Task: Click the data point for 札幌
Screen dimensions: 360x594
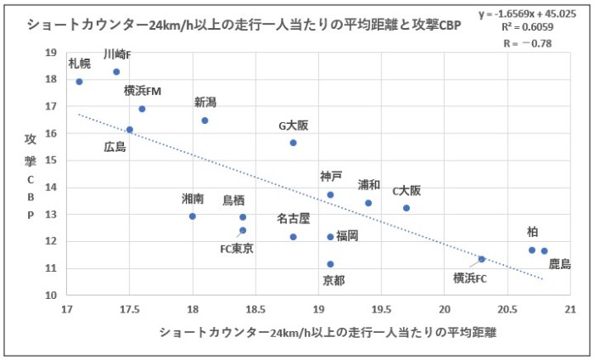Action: point(79,82)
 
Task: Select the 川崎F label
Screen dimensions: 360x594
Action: point(117,54)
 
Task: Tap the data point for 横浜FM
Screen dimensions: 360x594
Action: point(142,109)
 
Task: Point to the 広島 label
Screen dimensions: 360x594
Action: point(115,147)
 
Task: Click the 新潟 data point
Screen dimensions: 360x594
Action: point(205,121)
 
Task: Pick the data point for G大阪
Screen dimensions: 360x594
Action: point(293,143)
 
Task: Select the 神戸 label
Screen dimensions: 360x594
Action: point(331,177)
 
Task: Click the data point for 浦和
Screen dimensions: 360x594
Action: point(368,203)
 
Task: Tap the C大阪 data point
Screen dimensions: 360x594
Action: point(406,208)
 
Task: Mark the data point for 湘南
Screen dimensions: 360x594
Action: point(193,217)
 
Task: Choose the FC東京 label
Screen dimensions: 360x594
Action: point(237,249)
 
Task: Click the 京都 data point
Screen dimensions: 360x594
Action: point(330,264)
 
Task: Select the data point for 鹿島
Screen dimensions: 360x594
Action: point(544,250)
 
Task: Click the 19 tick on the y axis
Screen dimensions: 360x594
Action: point(51,52)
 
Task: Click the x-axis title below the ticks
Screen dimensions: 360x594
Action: point(327,332)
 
